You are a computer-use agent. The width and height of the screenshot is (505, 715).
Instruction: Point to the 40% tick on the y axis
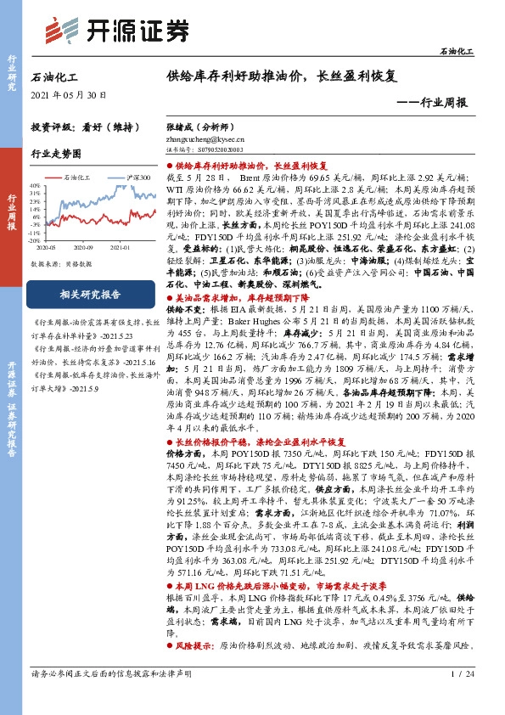pyautogui.click(x=58, y=184)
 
